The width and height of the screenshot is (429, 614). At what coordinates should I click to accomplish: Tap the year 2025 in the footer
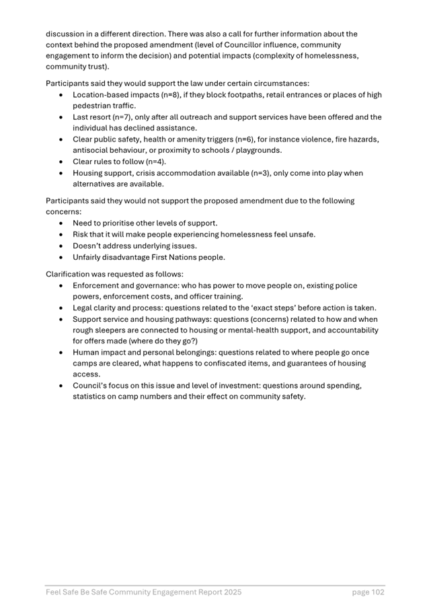(231, 592)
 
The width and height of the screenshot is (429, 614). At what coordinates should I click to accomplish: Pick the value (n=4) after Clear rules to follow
(151, 162)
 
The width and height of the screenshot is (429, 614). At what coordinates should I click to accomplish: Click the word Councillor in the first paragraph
(266, 45)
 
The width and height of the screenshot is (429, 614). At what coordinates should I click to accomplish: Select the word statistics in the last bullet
(93, 397)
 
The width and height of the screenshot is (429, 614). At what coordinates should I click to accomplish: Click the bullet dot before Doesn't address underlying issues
(62, 246)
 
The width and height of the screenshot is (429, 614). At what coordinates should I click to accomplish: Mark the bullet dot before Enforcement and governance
(62, 286)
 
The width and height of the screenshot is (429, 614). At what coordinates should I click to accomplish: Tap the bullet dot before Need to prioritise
(62, 224)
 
